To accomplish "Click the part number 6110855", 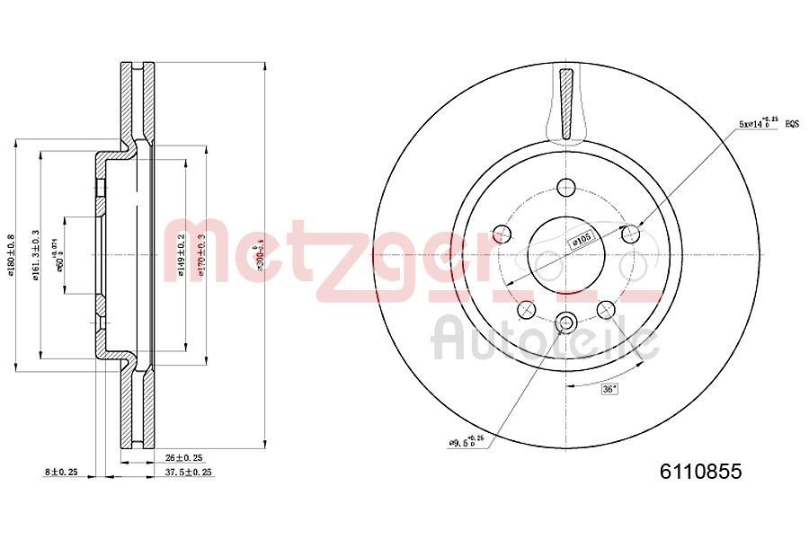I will (701, 472).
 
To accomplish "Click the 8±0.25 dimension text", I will (61, 472).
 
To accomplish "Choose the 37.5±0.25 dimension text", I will (189, 472).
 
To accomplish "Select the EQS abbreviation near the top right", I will (792, 123).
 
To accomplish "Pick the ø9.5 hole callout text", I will (467, 441).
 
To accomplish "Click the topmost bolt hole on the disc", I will (565, 188).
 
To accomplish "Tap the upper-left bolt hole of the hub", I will (502, 234).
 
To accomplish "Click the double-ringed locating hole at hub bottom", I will (565, 323).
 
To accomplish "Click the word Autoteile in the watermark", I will (544, 340).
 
